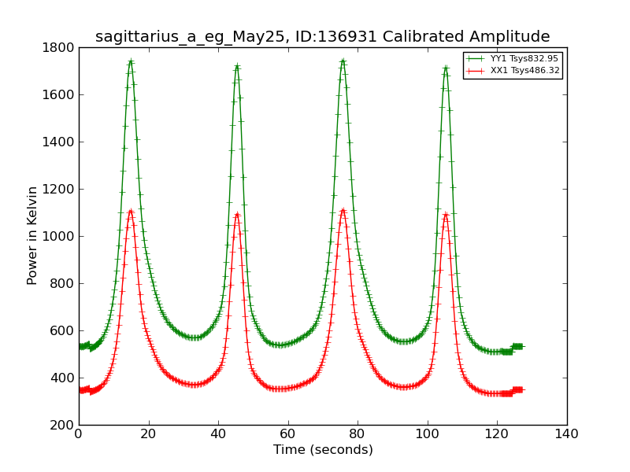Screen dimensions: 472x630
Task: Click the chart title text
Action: pyautogui.click(x=322, y=37)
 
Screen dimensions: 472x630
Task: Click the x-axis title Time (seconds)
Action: pyautogui.click(x=323, y=450)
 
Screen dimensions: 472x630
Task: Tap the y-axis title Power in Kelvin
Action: pyautogui.click(x=32, y=235)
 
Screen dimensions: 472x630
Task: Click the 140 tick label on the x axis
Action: pyautogui.click(x=567, y=434)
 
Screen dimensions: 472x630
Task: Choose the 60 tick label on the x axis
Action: pyautogui.click(x=288, y=434)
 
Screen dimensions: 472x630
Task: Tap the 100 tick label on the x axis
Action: pyautogui.click(x=428, y=434)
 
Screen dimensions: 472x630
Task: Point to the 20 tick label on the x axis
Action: pyautogui.click(x=148, y=434)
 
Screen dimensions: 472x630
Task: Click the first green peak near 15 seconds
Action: pyautogui.click(x=131, y=61)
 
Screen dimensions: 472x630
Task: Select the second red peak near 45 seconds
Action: pyautogui.click(x=237, y=214)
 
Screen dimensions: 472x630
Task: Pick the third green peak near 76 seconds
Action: pyautogui.click(x=343, y=61)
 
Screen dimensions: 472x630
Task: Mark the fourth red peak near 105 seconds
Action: pyautogui.click(x=446, y=214)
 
